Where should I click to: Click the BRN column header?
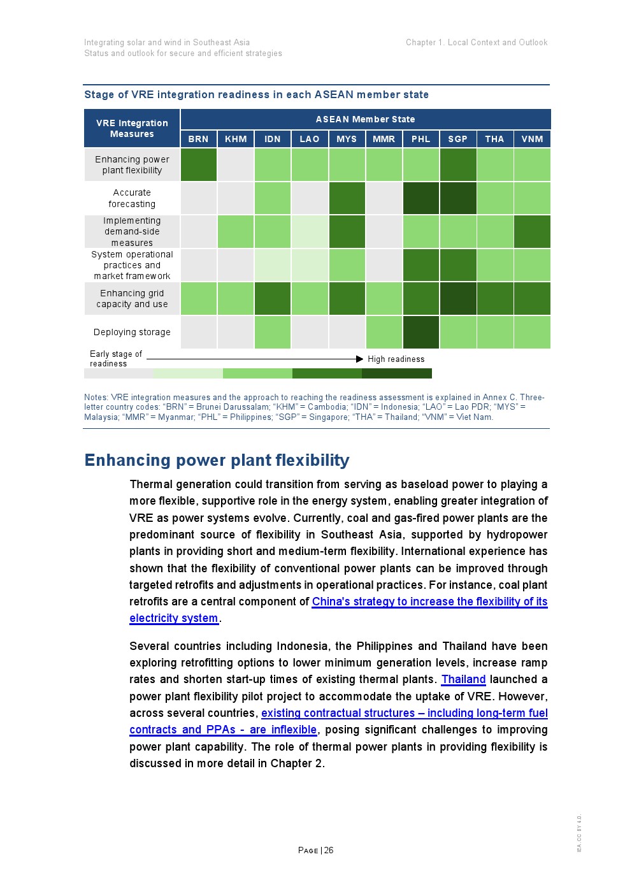pyautogui.click(x=198, y=139)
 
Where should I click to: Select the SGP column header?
pyautogui.click(x=457, y=139)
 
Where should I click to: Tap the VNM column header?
pyautogui.click(x=532, y=139)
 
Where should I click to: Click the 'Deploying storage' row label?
pyautogui.click(x=132, y=332)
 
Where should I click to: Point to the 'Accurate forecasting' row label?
pyautogui.click(x=132, y=198)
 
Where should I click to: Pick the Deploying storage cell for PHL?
pyautogui.click(x=420, y=332)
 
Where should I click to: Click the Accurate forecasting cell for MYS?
pyautogui.click(x=347, y=198)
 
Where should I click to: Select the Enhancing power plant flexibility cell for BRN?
pyautogui.click(x=198, y=165)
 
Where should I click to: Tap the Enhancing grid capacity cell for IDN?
pyautogui.click(x=273, y=299)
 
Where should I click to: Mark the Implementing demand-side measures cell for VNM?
pyautogui.click(x=532, y=231)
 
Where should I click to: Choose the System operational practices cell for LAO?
pyautogui.click(x=310, y=265)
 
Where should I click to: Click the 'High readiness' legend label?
pyautogui.click(x=396, y=359)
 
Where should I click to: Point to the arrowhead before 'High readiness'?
pyautogui.click(x=359, y=359)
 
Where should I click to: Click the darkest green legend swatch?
pyautogui.click(x=396, y=373)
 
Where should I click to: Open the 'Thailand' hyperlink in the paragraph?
pyautogui.click(x=463, y=679)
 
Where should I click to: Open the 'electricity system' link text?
pyautogui.click(x=173, y=618)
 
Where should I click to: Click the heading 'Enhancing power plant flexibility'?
pyautogui.click(x=217, y=460)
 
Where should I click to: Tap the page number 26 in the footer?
pyautogui.click(x=329, y=850)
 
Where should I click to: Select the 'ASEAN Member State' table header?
pyautogui.click(x=365, y=119)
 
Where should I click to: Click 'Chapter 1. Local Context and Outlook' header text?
pyautogui.click(x=477, y=43)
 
